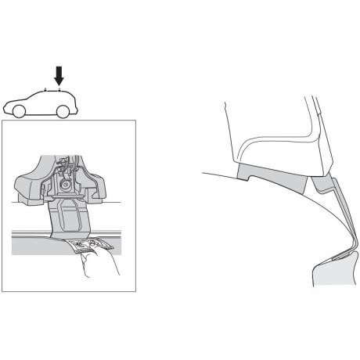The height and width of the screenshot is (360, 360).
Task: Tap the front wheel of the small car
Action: [x=20, y=110]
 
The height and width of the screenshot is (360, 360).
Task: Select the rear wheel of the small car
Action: [x=61, y=111]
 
